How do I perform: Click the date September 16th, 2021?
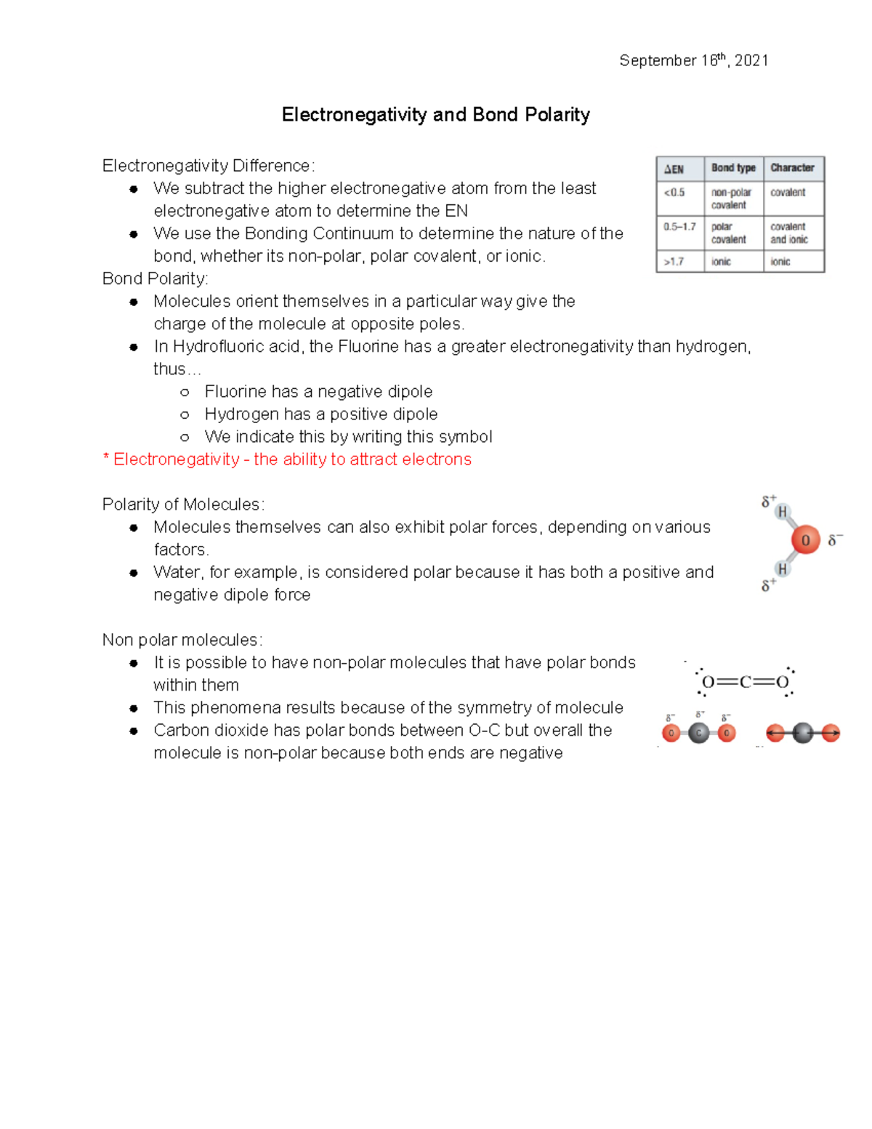point(693,60)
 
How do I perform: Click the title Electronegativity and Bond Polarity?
point(435,115)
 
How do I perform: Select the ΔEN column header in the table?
point(674,169)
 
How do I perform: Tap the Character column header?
point(792,168)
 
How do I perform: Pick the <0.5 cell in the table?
point(674,193)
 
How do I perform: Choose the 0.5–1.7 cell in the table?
point(679,227)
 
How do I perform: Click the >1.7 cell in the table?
point(674,262)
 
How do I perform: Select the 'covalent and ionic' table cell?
point(789,233)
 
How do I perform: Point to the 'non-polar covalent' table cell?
point(731,198)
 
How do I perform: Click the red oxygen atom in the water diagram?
point(805,540)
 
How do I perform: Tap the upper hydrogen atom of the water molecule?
point(783,512)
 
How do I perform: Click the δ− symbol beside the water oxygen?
point(835,540)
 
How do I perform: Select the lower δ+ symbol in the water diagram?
point(768,585)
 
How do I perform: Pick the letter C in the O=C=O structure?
point(745,682)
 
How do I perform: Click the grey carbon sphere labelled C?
point(698,733)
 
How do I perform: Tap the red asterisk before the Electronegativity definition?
point(106,459)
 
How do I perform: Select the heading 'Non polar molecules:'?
point(182,640)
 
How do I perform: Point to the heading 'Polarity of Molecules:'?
point(183,505)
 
